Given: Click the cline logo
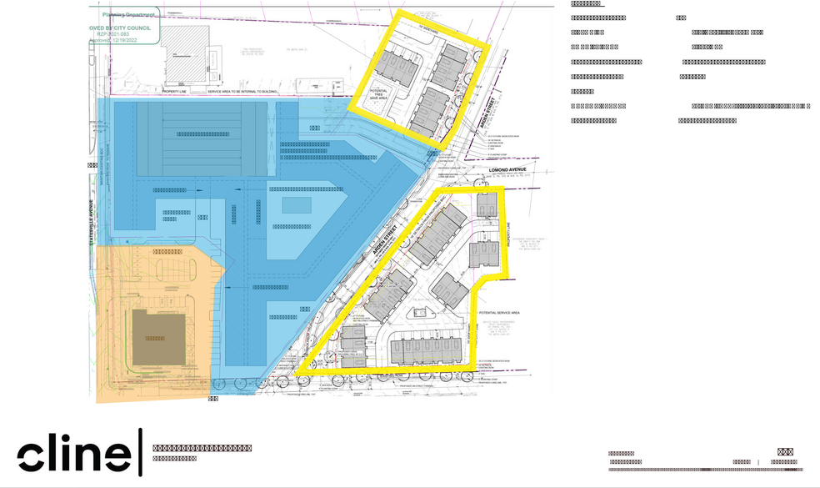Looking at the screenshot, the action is click(73, 452).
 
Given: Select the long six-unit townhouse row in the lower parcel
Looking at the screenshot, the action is click(425, 350).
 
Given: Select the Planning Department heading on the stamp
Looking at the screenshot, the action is click(125, 14).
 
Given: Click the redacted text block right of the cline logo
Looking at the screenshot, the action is click(202, 450).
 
